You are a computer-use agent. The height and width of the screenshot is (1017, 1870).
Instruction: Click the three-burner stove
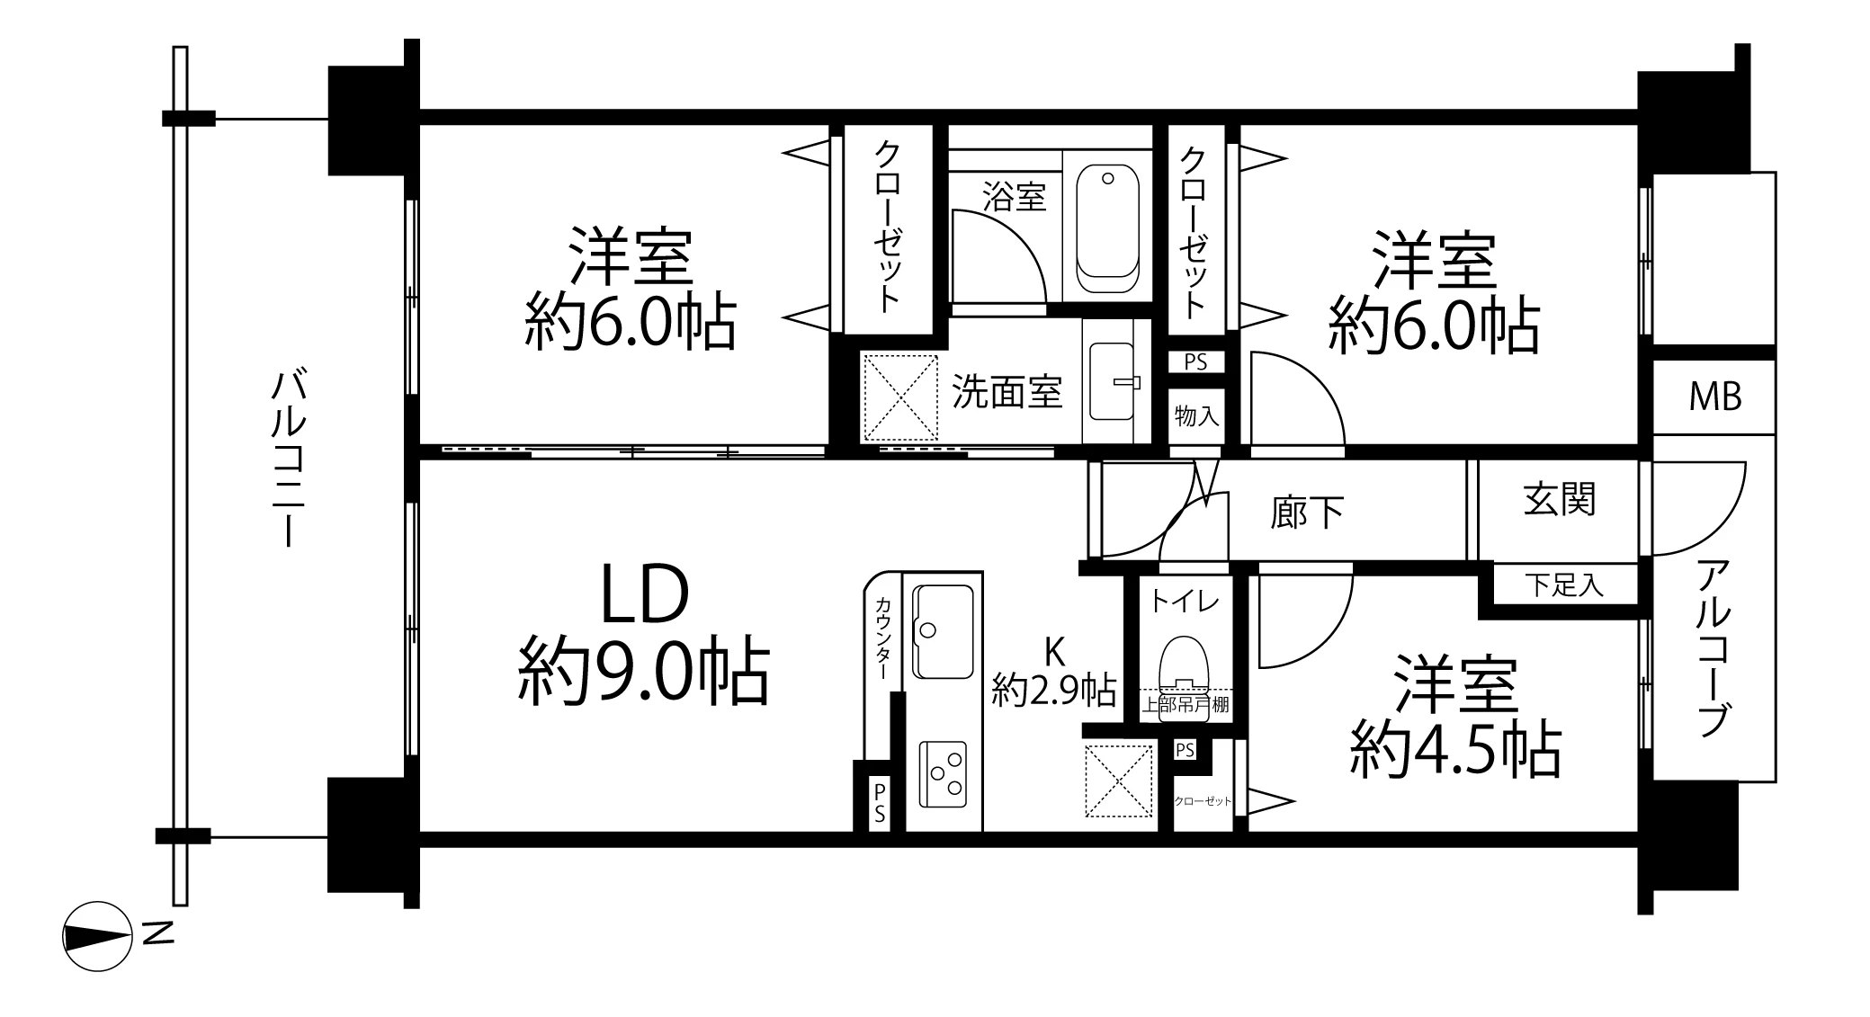coord(942,774)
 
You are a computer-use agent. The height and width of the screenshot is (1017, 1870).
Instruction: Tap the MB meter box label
coord(1714,397)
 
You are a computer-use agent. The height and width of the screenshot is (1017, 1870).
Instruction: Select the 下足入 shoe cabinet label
coord(1564,586)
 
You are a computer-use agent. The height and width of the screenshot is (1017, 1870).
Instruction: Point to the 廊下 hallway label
coord(1307,513)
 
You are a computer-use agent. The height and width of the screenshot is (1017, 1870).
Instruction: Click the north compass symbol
coord(97,936)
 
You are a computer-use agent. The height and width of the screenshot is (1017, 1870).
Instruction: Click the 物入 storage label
coord(1196,416)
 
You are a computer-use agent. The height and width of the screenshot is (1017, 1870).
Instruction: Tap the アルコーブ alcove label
coord(1713,648)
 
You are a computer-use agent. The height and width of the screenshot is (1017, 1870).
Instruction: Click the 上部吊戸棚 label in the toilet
coord(1186,704)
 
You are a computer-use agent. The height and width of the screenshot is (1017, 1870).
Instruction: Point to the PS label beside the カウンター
coord(879,803)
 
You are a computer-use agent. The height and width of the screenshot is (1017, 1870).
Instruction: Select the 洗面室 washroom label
coord(1007,392)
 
